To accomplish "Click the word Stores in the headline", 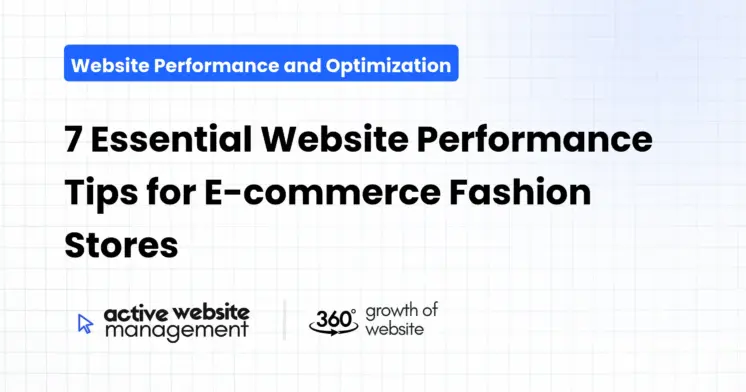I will pyautogui.click(x=121, y=245).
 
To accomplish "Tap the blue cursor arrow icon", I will pyautogui.click(x=85, y=322).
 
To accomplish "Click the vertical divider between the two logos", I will pyautogui.click(x=284, y=320).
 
